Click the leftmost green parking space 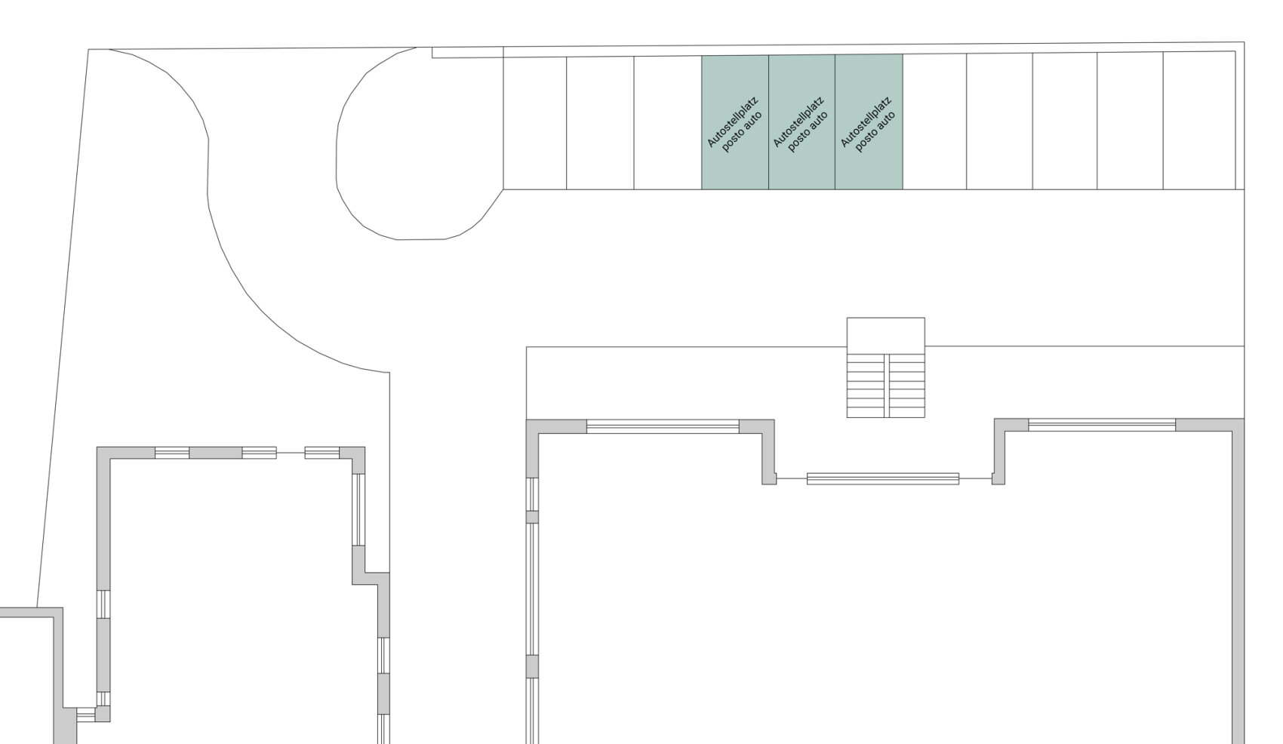[x=735, y=122]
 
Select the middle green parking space [x=801, y=122]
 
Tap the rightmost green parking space [x=869, y=122]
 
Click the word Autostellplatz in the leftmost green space [x=733, y=122]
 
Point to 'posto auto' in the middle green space [x=808, y=132]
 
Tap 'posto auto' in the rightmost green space [x=875, y=132]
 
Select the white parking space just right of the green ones [x=935, y=121]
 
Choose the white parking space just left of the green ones [x=668, y=122]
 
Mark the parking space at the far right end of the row [x=1199, y=120]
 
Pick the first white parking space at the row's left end [x=535, y=123]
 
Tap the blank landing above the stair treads [x=885, y=336]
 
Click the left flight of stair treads [x=866, y=386]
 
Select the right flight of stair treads [x=906, y=386]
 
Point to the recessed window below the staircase [x=883, y=479]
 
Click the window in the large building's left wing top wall [x=663, y=426]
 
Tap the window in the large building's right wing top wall [x=1102, y=425]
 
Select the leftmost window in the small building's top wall [x=172, y=453]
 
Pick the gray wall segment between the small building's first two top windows [x=215, y=453]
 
